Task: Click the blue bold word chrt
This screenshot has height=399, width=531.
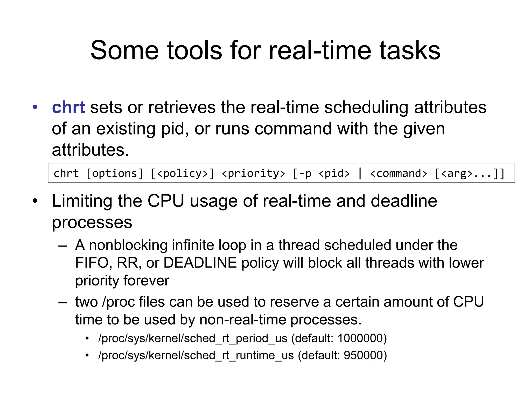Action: click(68, 107)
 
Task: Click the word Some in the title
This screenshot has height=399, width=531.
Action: click(124, 50)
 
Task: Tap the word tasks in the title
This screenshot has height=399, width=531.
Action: click(410, 50)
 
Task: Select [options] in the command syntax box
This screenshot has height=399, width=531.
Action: click(115, 173)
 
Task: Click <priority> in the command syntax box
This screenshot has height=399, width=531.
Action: click(253, 173)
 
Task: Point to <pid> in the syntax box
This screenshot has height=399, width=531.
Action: click(334, 173)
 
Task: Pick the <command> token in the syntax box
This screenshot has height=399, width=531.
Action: click(399, 173)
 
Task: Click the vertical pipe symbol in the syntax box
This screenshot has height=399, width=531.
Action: click(360, 173)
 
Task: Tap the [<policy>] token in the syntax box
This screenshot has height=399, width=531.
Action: click(183, 173)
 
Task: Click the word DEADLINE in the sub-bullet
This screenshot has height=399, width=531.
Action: click(200, 263)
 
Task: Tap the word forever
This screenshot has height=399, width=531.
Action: click(146, 281)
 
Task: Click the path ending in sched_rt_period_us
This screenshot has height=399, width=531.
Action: click(193, 338)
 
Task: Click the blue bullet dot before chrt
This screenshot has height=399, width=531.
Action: click(35, 107)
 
